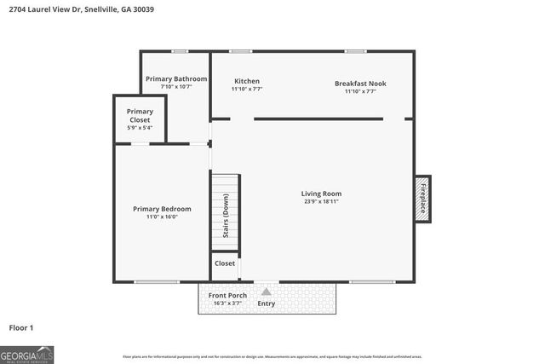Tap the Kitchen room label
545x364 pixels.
click(x=247, y=81)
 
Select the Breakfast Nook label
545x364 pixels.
click(x=360, y=83)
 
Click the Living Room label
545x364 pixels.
click(x=322, y=194)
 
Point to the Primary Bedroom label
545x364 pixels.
click(x=162, y=209)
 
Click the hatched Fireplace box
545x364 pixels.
click(x=422, y=199)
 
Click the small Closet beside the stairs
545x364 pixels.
click(x=225, y=264)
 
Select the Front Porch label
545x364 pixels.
click(x=228, y=296)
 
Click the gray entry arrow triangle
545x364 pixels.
click(x=266, y=292)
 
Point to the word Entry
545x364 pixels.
click(x=267, y=303)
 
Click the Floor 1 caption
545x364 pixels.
click(x=21, y=327)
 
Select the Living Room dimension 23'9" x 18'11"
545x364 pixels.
click(x=322, y=202)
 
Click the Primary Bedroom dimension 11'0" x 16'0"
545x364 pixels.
click(x=162, y=217)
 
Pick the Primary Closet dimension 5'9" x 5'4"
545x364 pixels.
click(x=140, y=128)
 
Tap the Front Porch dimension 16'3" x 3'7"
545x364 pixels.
click(x=228, y=303)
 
